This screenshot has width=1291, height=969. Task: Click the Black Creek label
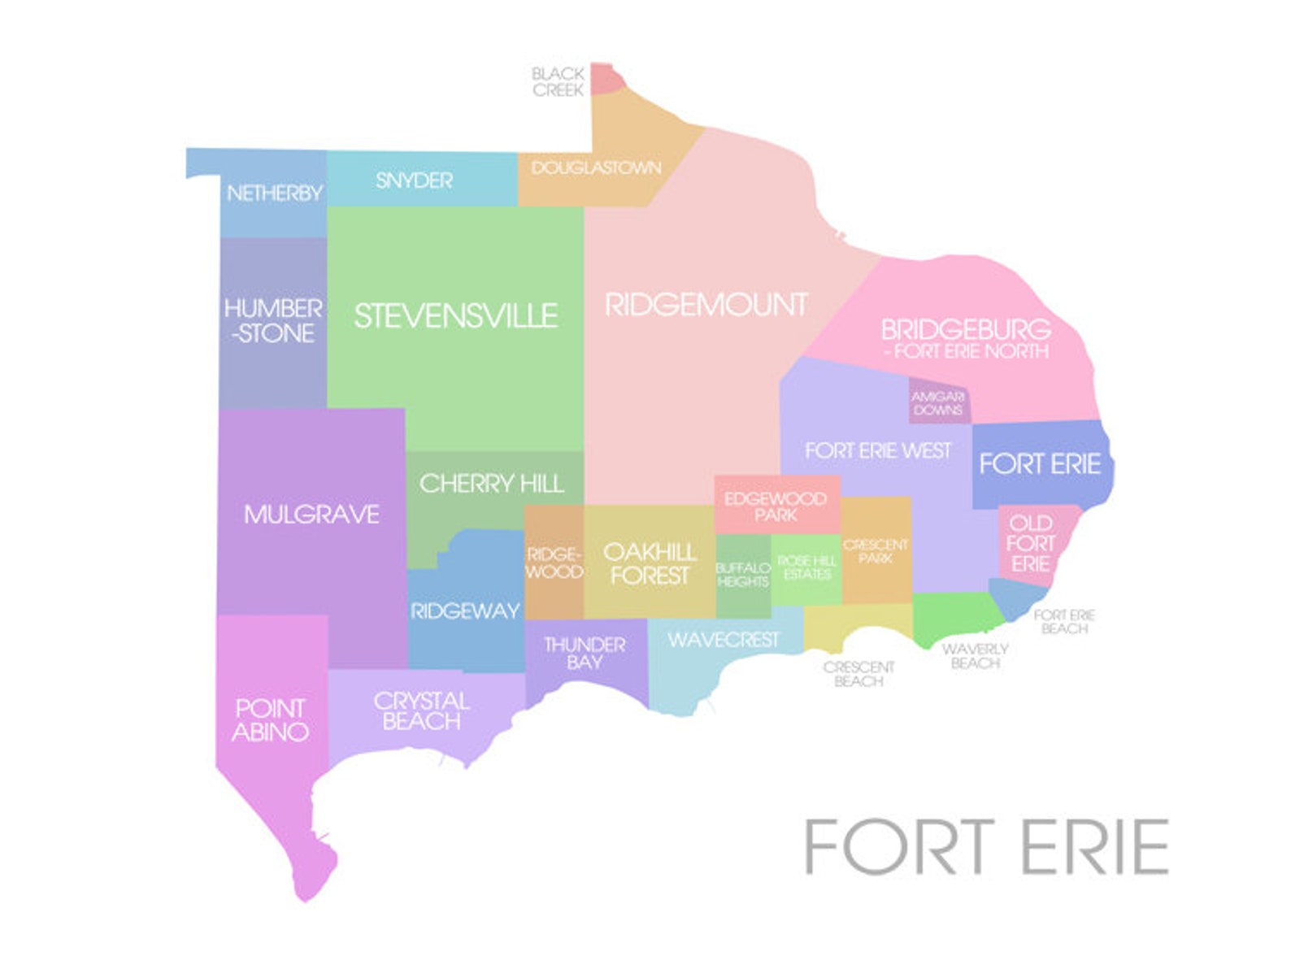click(558, 82)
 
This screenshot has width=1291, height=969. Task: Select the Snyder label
click(414, 180)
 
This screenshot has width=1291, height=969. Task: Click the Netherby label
click(275, 193)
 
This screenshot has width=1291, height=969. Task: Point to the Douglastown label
click(596, 168)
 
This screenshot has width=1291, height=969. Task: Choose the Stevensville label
click(455, 316)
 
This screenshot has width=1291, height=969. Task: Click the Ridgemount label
click(706, 306)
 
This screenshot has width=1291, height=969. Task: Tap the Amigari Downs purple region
click(937, 402)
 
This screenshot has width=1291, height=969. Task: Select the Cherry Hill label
click(491, 484)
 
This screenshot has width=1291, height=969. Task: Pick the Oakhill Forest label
click(650, 563)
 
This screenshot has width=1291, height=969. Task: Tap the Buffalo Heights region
click(742, 575)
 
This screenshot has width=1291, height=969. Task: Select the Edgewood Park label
click(776, 506)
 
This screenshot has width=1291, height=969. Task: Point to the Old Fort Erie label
click(1030, 543)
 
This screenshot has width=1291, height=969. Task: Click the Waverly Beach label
click(975, 656)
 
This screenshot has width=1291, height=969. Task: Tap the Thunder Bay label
click(585, 654)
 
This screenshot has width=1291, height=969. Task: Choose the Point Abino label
click(270, 720)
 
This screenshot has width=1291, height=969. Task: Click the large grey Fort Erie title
click(986, 847)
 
